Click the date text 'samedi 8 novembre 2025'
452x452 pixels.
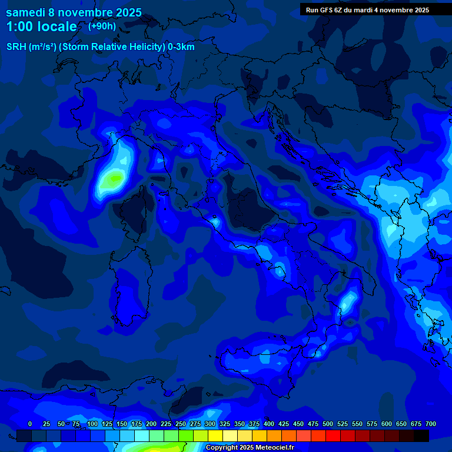point(74,12)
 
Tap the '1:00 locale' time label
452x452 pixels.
point(42,26)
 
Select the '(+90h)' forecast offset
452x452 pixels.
point(102,26)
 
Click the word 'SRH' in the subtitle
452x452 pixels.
point(18,46)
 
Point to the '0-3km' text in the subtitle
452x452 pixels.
point(181,46)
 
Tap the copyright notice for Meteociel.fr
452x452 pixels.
point(250,448)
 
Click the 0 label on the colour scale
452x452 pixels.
point(30,424)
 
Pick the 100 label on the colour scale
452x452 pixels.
point(92,424)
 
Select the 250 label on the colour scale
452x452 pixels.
point(181,424)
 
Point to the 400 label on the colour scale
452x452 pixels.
point(269,424)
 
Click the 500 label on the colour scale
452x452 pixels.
point(328,424)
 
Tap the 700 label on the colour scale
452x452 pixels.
point(431,424)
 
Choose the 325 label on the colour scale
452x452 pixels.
point(225,424)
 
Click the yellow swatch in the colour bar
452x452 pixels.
point(215,436)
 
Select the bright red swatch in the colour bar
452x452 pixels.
point(333,436)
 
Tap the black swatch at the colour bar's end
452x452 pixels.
point(421,436)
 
